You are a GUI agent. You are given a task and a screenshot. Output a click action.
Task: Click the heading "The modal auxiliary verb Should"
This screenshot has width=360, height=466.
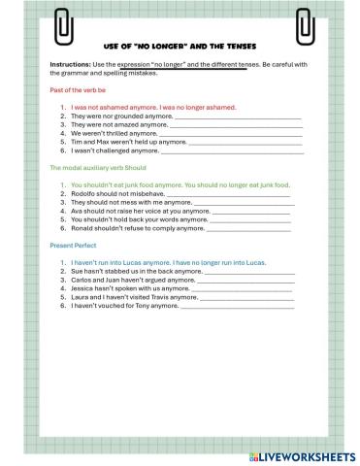[x=98, y=168]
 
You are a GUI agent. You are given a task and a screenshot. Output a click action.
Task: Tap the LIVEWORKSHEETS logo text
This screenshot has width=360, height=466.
[x=308, y=455]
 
